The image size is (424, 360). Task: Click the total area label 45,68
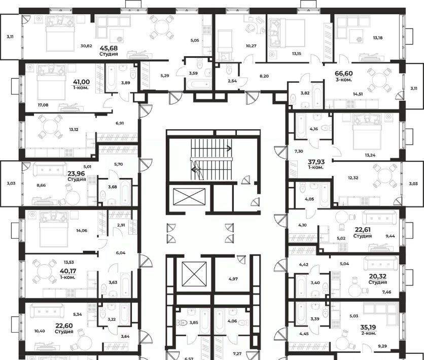pyautogui.click(x=109, y=48)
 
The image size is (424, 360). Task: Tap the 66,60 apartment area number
pyautogui.click(x=344, y=73)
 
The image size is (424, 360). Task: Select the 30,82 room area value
pyautogui.click(x=86, y=46)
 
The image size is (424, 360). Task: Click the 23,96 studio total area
pyautogui.click(x=77, y=173)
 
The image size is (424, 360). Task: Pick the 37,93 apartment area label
pyautogui.click(x=316, y=162)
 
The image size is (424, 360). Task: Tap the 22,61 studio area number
pyautogui.click(x=363, y=230)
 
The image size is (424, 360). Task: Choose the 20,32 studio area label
pyautogui.click(x=378, y=276)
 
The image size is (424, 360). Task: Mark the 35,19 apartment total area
pyautogui.click(x=368, y=328)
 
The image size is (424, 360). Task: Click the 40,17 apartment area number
pyautogui.click(x=68, y=271)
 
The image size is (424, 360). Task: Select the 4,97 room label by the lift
pyautogui.click(x=233, y=279)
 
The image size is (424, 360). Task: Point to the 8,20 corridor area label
pyautogui.click(x=264, y=76)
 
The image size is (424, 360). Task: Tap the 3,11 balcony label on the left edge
pyautogui.click(x=10, y=37)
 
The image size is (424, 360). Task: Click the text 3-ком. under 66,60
pyautogui.click(x=344, y=80)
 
